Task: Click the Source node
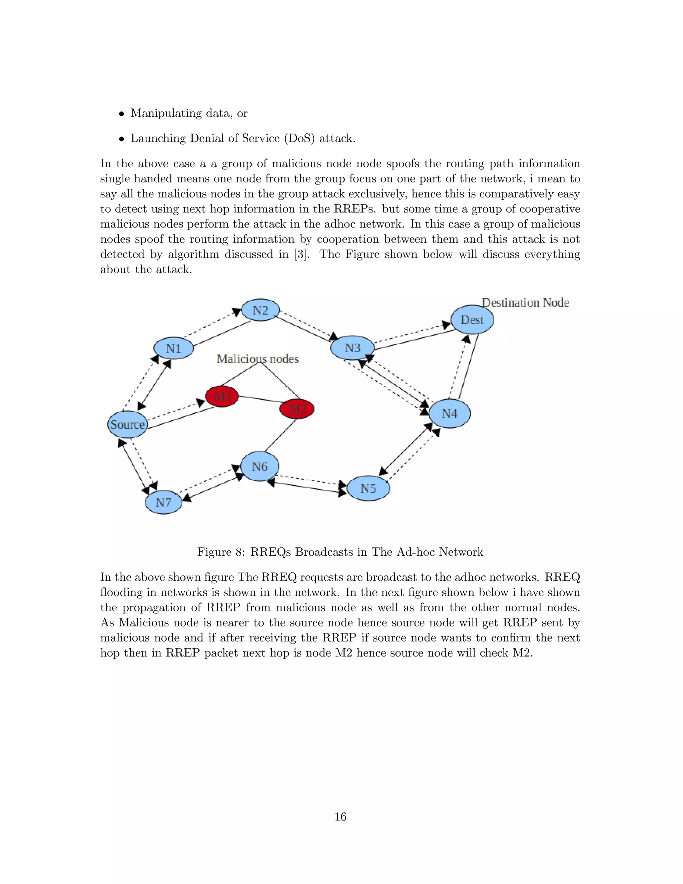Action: (127, 424)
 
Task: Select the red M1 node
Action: (222, 396)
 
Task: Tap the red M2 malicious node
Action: (297, 409)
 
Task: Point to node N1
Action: (173, 349)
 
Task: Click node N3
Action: (352, 348)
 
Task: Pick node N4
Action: (450, 413)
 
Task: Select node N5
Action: (368, 489)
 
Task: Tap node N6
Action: (260, 467)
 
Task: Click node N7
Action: (163, 502)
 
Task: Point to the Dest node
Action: (472, 320)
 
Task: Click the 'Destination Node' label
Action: (526, 303)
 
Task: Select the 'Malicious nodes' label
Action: (258, 359)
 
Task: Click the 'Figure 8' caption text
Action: (340, 552)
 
